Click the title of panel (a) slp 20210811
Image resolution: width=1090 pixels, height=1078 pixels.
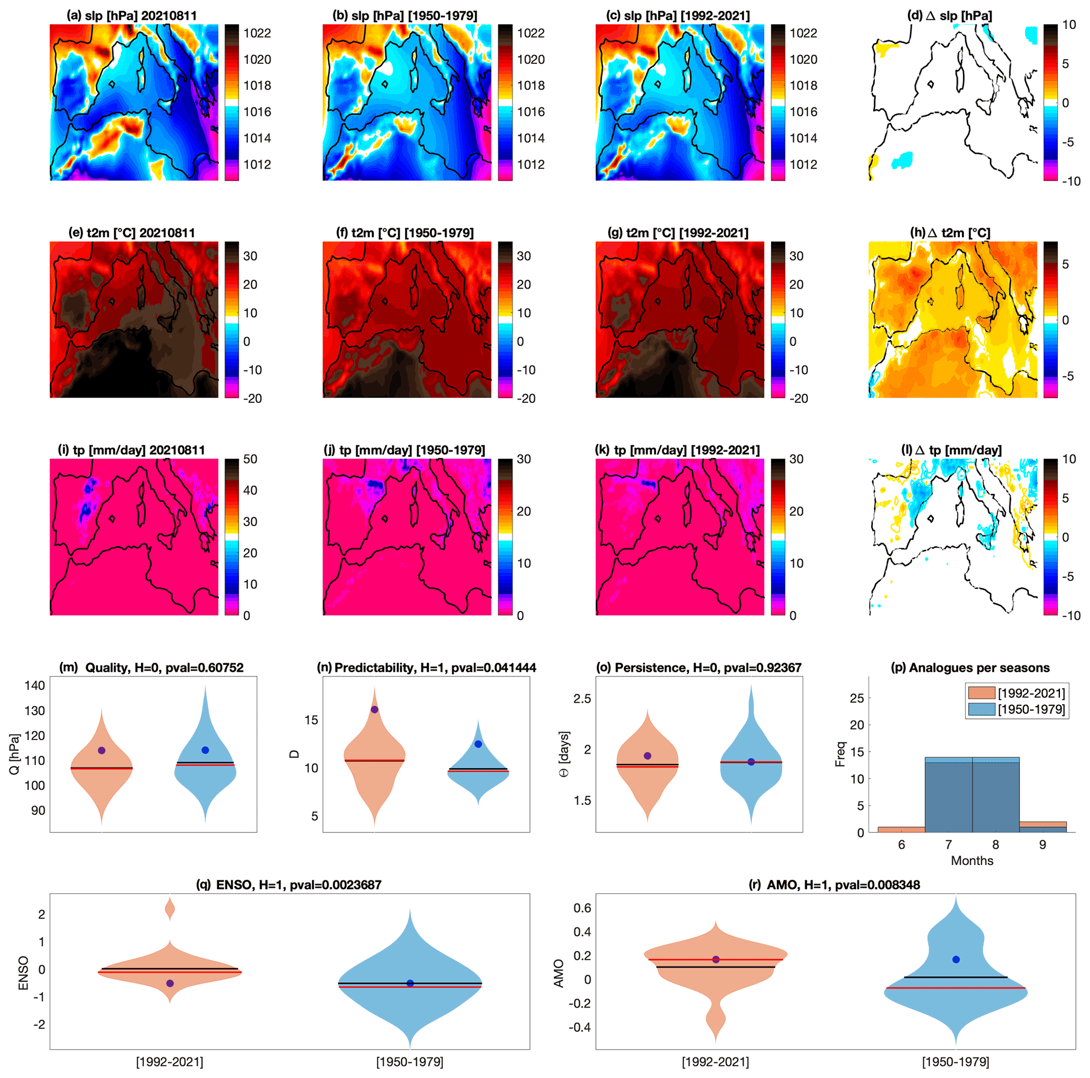point(131,16)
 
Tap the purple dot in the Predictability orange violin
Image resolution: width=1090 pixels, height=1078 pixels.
point(374,709)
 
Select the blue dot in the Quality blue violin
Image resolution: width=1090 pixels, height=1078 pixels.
point(205,750)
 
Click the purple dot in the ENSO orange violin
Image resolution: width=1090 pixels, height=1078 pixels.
point(170,983)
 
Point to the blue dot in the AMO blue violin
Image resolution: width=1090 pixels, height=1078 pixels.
point(956,959)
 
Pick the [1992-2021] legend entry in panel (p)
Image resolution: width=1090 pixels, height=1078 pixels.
point(1016,693)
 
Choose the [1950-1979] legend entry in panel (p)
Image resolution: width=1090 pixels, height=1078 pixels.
point(1016,709)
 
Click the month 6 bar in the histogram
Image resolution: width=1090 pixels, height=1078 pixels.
point(901,829)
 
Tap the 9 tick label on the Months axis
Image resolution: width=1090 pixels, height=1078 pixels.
point(1042,844)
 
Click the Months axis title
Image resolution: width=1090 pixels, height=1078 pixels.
point(971,860)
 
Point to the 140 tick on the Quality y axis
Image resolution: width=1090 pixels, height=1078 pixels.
point(34,685)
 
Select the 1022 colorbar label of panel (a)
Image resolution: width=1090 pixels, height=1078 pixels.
point(257,33)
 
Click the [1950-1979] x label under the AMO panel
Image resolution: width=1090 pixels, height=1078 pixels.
point(955,1062)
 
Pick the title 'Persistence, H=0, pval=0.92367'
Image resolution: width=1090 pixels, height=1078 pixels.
point(699,668)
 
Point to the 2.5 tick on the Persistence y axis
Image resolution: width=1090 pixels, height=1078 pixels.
point(582,698)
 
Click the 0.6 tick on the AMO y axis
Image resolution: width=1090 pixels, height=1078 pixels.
point(583,908)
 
